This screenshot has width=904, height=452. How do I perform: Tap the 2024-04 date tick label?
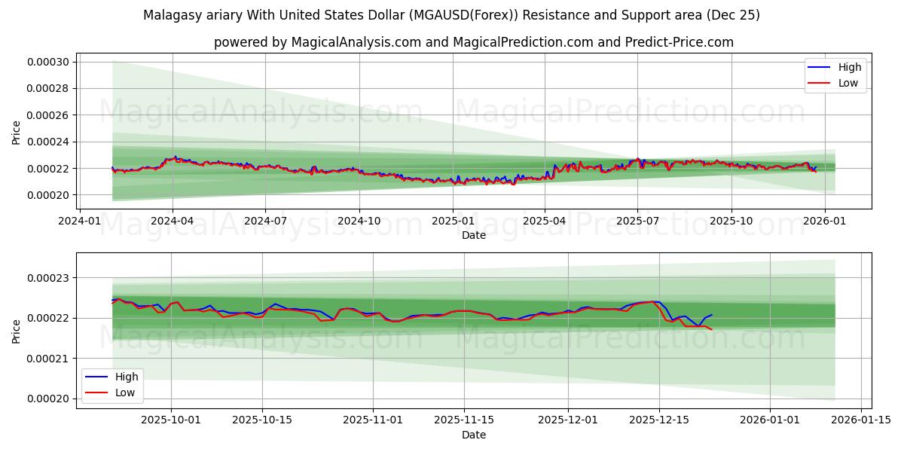pos(173,221)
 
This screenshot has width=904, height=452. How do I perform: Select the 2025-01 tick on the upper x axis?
pos(453,221)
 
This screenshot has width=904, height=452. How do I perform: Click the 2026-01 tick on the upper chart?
pos(825,221)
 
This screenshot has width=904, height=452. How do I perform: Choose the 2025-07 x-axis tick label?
pos(637,221)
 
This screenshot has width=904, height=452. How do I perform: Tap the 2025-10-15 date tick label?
pos(262,420)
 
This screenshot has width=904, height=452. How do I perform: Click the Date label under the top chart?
pos(474,235)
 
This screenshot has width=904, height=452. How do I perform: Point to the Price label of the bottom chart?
pos(17,331)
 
